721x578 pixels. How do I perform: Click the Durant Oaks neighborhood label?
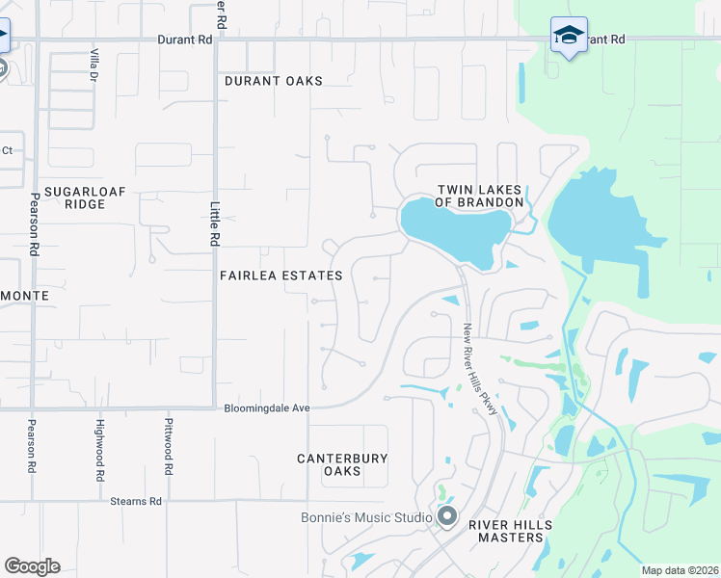coord(274,81)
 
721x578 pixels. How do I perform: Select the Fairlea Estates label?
coord(280,276)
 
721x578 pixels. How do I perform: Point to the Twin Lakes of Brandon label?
coord(479,196)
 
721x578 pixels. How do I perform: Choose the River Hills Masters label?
coord(511,530)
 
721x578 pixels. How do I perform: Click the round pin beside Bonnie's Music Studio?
coord(446,517)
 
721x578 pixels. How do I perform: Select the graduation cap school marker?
coord(569,36)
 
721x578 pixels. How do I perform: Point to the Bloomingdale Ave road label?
coord(267,408)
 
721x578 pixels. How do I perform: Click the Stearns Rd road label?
coord(135,501)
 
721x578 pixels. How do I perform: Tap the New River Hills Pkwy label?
coord(480,369)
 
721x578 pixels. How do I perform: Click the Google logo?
coord(32,566)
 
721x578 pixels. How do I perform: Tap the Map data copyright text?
coord(679,570)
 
